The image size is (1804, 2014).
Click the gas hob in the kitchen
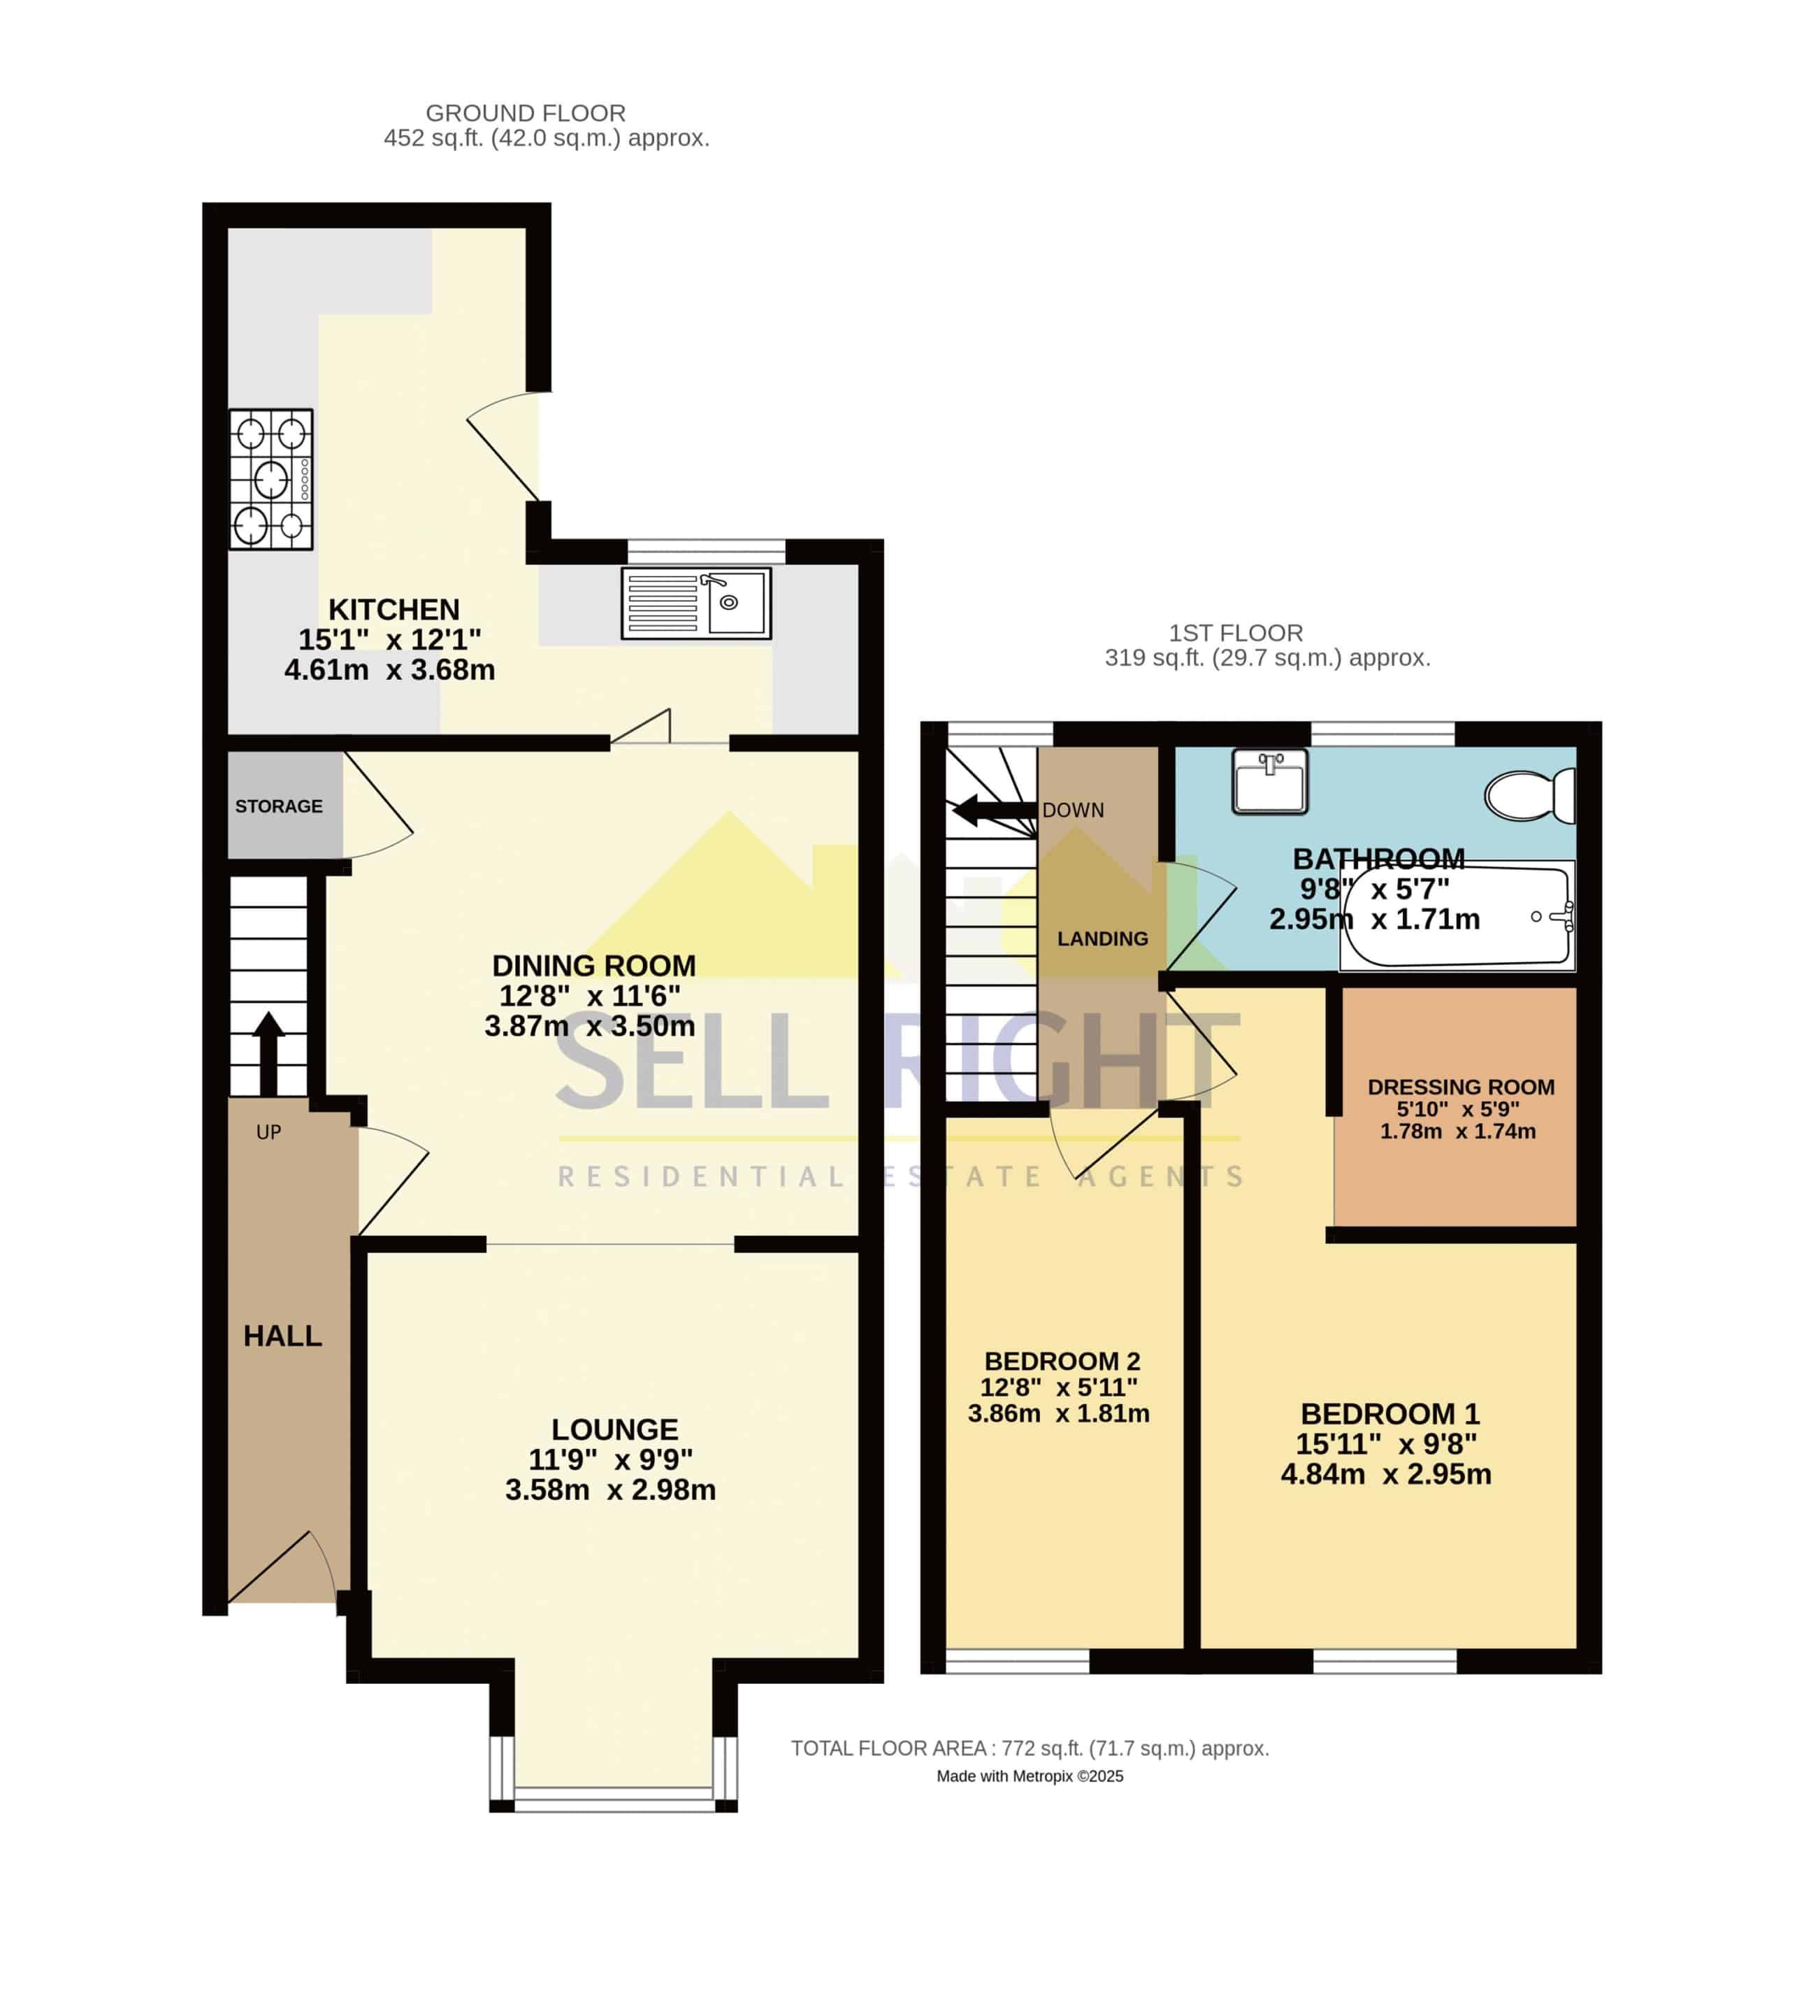click(x=270, y=479)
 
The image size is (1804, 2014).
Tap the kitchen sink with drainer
click(x=696, y=603)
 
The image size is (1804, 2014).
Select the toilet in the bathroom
click(x=1529, y=795)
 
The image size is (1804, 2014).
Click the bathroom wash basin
click(x=1270, y=781)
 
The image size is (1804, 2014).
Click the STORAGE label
click(x=278, y=806)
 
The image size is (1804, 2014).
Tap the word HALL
click(x=282, y=1336)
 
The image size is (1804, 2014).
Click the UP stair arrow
click(x=268, y=1053)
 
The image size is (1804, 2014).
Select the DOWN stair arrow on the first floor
click(x=994, y=810)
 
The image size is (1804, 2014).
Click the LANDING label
click(x=1102, y=938)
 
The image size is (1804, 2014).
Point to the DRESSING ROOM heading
click(x=1461, y=1087)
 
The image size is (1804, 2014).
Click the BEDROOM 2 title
click(x=1062, y=1362)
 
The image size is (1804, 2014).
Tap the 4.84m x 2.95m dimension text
click(x=1386, y=1475)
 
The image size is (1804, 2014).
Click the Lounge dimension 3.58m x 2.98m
click(x=611, y=1490)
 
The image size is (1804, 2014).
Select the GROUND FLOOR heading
click(x=526, y=113)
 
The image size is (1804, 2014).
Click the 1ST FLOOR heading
click(x=1235, y=633)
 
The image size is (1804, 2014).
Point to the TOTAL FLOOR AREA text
click(x=1030, y=1748)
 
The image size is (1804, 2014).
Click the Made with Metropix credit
click(x=1030, y=1776)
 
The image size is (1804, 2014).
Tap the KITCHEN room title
click(x=394, y=609)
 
